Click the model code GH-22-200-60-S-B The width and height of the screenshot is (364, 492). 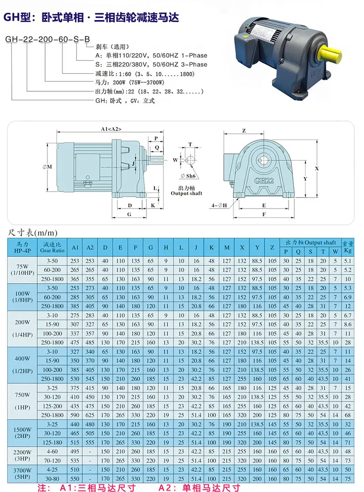[x=48, y=39]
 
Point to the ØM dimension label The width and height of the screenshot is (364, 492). [x=47, y=167]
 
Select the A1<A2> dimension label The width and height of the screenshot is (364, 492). [x=111, y=129]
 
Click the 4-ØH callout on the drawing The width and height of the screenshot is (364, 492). [x=219, y=205]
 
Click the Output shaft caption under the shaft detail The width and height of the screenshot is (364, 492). [x=187, y=193]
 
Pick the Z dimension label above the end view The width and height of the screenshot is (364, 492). [x=244, y=130]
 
